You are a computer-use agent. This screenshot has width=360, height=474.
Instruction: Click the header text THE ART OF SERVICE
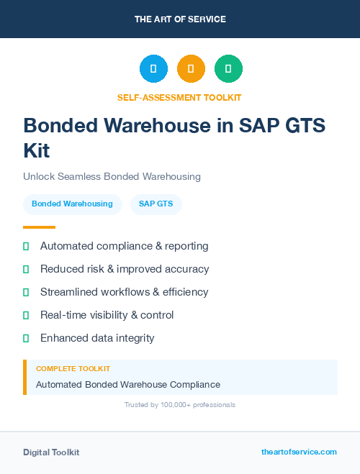pos(180,19)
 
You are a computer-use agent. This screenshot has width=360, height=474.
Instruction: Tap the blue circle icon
pos(153,68)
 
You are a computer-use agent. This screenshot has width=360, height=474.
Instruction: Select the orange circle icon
pos(191,68)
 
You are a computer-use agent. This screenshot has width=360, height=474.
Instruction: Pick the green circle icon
pos(228,68)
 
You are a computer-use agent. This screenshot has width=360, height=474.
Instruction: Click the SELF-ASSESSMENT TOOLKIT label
pos(179,97)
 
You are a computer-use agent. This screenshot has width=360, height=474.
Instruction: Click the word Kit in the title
pos(37,151)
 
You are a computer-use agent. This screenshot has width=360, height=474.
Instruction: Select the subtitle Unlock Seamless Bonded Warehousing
pos(112,176)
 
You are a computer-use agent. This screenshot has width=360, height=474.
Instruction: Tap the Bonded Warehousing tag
pos(72,204)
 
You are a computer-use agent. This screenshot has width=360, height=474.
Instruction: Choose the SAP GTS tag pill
pos(156,204)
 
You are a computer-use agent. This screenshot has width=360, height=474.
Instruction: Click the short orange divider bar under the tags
pos(39,227)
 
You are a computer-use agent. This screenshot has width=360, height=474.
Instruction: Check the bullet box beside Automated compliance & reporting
pos(26,246)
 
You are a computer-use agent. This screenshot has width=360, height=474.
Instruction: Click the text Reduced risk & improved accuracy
pos(125,269)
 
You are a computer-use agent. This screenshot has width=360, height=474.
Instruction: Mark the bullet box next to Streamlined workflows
pos(26,292)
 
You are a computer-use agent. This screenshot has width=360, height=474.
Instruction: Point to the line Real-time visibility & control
pos(107,315)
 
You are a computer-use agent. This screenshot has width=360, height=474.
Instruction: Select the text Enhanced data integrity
pos(97,338)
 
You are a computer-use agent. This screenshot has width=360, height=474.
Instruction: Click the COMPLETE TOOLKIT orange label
pos(73,368)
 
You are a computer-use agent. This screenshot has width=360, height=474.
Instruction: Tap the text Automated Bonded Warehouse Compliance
pos(128,384)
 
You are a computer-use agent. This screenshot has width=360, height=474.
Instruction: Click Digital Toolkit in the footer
pos(51,452)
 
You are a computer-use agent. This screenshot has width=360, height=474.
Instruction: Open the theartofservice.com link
pos(299,452)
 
